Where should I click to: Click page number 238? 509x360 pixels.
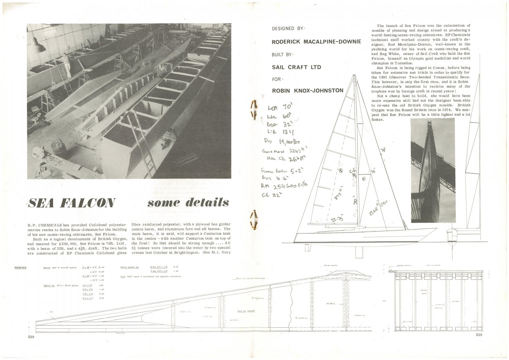tap(32, 337)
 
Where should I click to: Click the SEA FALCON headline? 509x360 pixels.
tap(72, 203)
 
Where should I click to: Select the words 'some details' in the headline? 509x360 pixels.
tap(188, 203)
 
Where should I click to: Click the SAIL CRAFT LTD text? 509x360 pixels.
tap(296, 67)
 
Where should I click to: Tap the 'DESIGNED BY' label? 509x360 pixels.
tap(289, 28)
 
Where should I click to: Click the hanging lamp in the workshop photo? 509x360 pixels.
tap(38, 45)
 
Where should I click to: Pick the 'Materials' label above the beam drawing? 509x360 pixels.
tap(21, 267)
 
